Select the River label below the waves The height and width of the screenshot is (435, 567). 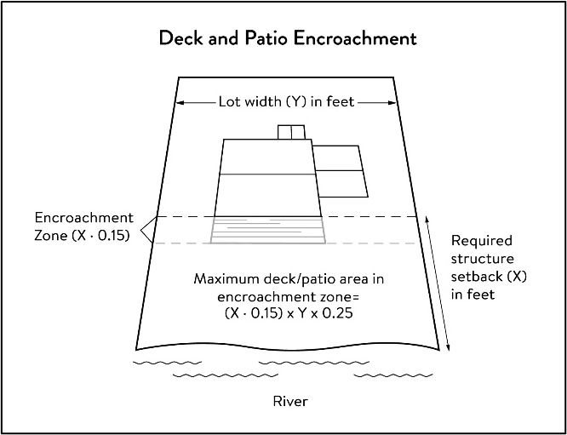click(289, 401)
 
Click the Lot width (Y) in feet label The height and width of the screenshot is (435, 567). click(288, 103)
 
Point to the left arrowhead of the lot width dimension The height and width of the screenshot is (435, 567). click(180, 103)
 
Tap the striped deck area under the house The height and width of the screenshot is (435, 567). click(268, 231)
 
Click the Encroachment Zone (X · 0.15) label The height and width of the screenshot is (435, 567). click(83, 226)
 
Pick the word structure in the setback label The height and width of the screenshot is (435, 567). click(482, 258)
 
